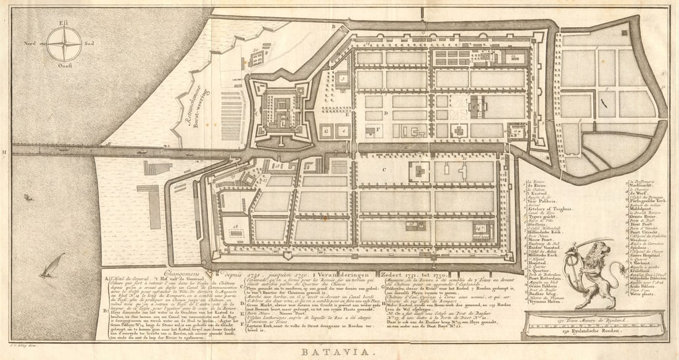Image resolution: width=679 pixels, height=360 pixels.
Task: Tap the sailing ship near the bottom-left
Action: point(52,266)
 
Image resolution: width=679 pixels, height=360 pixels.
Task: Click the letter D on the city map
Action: point(384,114)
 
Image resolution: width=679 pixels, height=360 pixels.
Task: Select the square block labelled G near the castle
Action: point(326,131)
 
